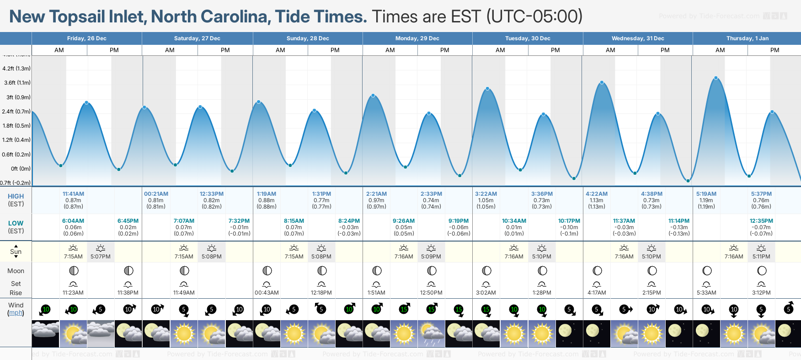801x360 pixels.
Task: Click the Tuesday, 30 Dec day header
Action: coord(528,38)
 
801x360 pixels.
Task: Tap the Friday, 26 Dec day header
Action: coord(87,38)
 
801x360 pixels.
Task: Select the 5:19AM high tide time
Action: coord(706,194)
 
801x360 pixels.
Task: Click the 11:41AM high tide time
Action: coord(73,194)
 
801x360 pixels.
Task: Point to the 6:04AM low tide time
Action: coord(73,221)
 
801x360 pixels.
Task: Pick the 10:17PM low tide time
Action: coord(569,221)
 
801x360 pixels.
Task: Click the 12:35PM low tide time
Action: coord(761,221)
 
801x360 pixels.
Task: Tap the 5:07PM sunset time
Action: coord(101,257)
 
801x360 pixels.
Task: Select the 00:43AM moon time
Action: coord(267,293)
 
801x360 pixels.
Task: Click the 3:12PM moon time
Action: coord(761,293)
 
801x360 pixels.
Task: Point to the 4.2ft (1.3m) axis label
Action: coord(16,69)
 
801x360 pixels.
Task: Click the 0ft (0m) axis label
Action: coord(21,169)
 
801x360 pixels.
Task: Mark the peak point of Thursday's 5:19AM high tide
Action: coord(716,78)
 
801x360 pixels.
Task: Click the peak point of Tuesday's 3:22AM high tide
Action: coord(488,89)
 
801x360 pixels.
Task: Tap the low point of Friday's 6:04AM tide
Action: coord(61,166)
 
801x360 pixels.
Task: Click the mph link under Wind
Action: coord(16,313)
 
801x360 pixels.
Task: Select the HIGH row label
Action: coord(16,196)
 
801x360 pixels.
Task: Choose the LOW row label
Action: coord(16,223)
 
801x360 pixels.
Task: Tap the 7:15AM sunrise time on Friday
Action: coord(73,257)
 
